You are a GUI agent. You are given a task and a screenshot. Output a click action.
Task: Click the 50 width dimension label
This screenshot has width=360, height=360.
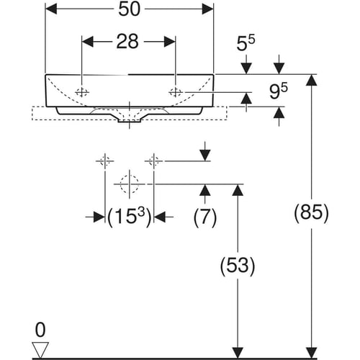[130, 9]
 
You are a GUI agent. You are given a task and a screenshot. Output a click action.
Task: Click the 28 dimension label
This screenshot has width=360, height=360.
[127, 42]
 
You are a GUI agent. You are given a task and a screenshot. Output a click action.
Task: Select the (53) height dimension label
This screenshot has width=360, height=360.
[238, 266]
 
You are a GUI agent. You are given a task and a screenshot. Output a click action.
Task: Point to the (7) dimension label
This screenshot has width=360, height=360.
[205, 217]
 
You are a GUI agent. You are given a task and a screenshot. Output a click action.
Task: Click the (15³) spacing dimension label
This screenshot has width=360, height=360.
[130, 217]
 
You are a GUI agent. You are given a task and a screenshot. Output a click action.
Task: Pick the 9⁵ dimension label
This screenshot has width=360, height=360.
[278, 91]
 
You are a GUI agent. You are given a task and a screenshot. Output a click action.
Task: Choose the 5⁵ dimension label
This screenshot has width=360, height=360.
[246, 43]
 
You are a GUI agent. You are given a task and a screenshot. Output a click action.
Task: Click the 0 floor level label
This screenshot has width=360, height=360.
[40, 330]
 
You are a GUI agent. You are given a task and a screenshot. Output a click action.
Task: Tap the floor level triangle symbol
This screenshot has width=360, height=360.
[40, 349]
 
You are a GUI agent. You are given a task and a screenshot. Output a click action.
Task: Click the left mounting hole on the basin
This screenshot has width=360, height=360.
[82, 92]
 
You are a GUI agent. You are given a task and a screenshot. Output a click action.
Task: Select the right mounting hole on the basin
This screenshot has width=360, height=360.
[176, 92]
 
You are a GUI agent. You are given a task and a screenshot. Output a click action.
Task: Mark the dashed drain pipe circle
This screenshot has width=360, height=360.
[130, 184]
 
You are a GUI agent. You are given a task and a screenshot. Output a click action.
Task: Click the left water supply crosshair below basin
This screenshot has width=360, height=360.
[105, 161]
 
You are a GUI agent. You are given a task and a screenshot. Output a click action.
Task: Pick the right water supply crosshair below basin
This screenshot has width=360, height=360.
[153, 161]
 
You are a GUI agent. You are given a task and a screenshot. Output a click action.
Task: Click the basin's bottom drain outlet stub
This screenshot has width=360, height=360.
[130, 121]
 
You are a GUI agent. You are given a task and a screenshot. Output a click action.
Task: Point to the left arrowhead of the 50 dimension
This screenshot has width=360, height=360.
[51, 9]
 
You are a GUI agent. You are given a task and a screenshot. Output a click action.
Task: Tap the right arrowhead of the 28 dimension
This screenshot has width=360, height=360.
[170, 42]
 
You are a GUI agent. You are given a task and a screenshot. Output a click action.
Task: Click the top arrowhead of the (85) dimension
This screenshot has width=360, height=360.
[311, 80]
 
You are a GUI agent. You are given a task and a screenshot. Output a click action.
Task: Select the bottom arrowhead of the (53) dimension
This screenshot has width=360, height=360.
[238, 353]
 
